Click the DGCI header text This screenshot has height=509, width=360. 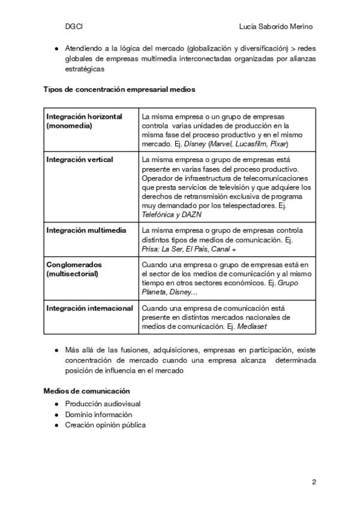click(74, 27)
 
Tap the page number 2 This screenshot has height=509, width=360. click(314, 482)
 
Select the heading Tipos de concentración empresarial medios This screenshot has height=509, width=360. click(119, 89)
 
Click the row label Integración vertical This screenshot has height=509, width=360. click(80, 160)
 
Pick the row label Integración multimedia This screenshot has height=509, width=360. click(86, 230)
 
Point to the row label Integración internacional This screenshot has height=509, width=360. click(89, 308)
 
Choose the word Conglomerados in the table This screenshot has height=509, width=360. click(74, 264)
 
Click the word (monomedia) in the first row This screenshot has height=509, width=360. click(69, 126)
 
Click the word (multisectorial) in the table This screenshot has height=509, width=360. click(72, 274)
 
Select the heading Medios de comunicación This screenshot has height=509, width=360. click(86, 391)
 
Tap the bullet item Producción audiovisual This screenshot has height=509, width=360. click(103, 404)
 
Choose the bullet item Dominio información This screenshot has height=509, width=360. click(99, 414)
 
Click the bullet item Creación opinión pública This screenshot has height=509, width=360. click(106, 425)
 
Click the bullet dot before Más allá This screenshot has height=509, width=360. click(56, 349)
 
